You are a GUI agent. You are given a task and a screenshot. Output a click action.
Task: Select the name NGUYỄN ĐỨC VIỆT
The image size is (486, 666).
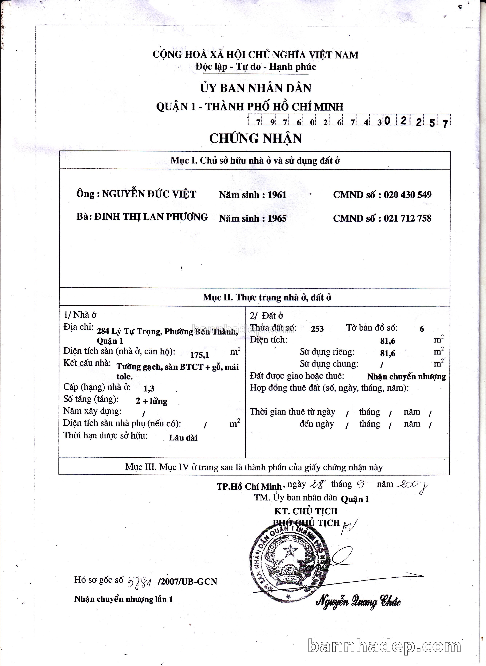(x=149, y=194)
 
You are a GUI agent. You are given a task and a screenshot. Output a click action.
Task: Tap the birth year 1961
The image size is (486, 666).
(x=277, y=195)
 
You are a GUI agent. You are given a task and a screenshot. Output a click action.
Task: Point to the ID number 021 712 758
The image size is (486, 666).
(x=408, y=218)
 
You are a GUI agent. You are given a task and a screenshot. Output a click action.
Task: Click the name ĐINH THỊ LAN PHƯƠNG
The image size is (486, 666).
(x=151, y=217)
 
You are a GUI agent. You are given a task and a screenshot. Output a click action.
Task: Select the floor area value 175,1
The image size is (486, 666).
(x=199, y=355)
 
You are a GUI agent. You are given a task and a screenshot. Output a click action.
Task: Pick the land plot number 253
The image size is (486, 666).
(x=317, y=329)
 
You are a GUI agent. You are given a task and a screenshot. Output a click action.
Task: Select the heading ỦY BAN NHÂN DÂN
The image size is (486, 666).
(x=256, y=88)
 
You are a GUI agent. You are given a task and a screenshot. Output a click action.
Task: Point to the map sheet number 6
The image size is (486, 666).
(x=422, y=329)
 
